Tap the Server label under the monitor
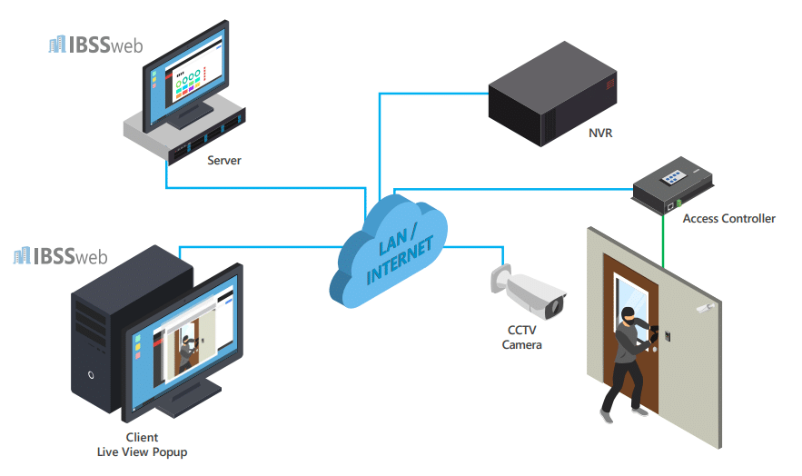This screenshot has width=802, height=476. pyautogui.click(x=224, y=161)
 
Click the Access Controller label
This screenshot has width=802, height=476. pyautogui.click(x=728, y=219)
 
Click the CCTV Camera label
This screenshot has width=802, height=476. pyautogui.click(x=522, y=338)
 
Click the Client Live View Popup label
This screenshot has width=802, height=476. pyautogui.click(x=142, y=444)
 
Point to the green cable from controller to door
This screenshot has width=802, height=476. pyautogui.click(x=663, y=241)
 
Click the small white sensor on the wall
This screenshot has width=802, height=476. pyautogui.click(x=703, y=310)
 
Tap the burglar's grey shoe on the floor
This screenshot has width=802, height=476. pyautogui.click(x=607, y=414)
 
